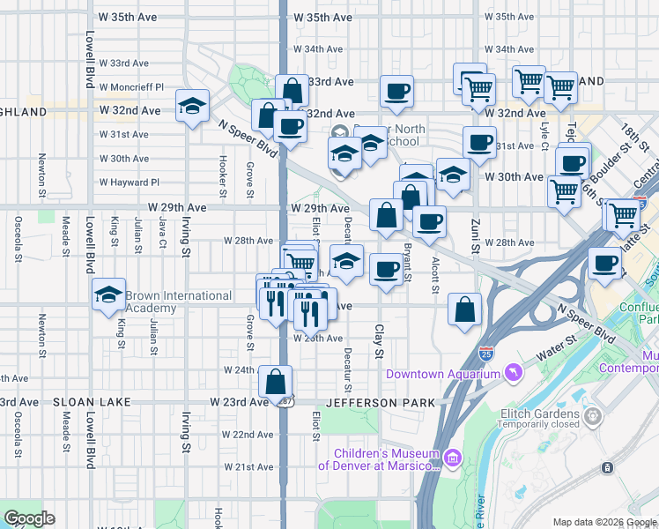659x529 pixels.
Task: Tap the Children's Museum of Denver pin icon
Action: click(453, 458)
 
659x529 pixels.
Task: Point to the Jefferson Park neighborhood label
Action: click(380, 403)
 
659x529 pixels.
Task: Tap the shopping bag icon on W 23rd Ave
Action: click(276, 382)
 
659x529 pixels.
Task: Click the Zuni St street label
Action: click(474, 237)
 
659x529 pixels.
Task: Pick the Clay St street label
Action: click(380, 341)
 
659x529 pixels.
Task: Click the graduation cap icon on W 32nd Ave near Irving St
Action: click(192, 107)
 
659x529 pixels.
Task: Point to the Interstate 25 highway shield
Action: click(486, 354)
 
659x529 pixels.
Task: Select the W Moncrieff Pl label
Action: click(132, 87)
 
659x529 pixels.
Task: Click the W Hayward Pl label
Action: click(130, 183)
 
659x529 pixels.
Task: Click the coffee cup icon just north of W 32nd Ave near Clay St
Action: click(397, 90)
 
